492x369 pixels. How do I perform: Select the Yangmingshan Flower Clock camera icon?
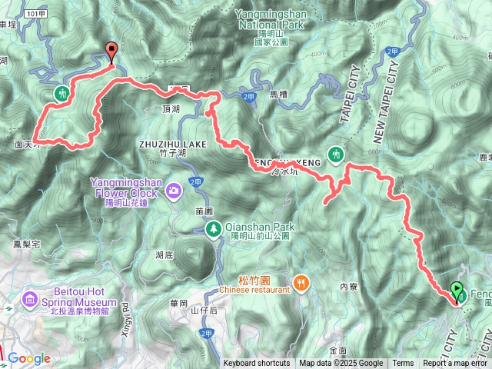pos(175,188)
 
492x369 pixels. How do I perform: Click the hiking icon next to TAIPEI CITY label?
pos(336,155)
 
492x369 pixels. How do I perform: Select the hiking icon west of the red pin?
pos(61,93)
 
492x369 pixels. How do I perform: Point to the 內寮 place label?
pos(349,287)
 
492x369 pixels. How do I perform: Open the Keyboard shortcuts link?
pos(257,364)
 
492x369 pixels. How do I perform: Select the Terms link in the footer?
pos(403,364)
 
